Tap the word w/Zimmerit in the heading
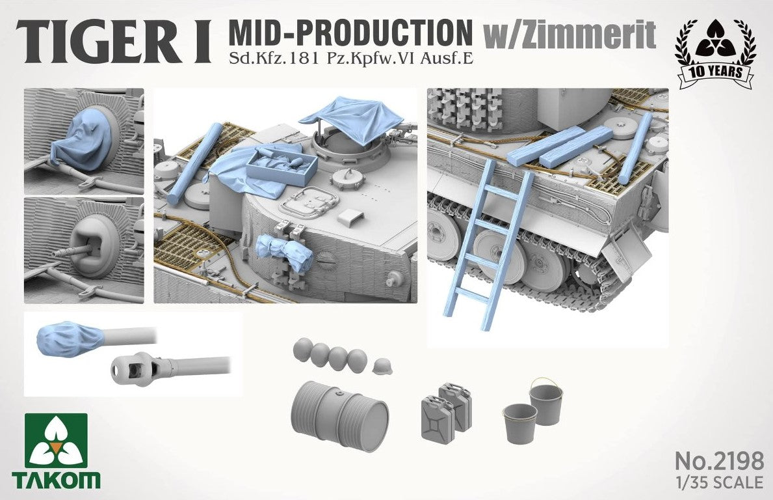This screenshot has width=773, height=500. coord(570,34)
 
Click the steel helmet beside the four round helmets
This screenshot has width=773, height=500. coord(381,367)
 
